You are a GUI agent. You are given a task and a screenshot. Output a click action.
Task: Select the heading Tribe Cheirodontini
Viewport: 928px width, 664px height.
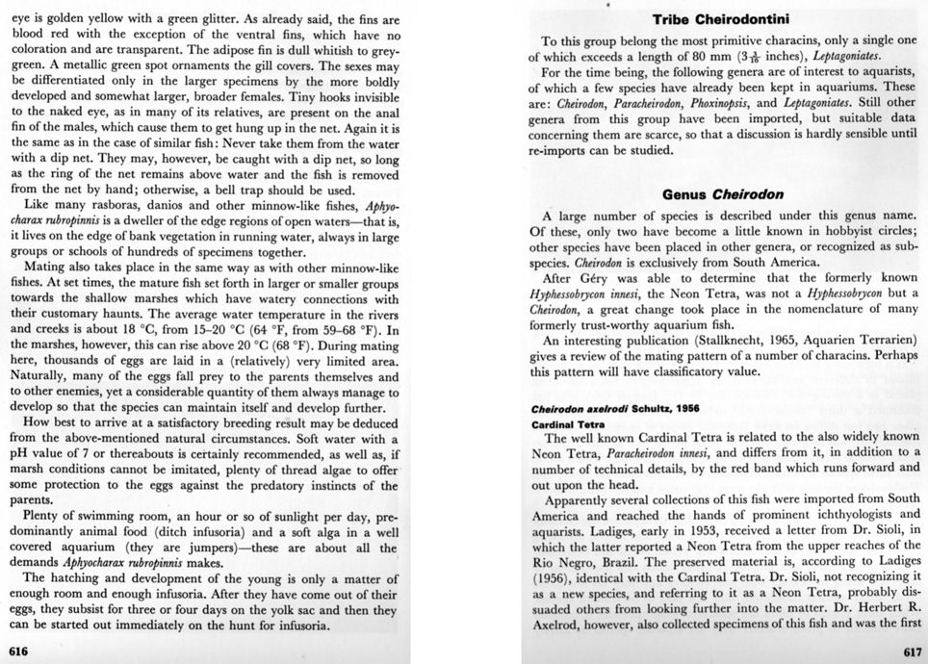[723, 19]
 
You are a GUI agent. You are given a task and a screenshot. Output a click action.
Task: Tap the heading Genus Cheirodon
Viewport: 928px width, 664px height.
[722, 194]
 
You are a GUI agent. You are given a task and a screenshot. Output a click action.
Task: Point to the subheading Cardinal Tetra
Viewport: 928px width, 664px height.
[566, 423]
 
